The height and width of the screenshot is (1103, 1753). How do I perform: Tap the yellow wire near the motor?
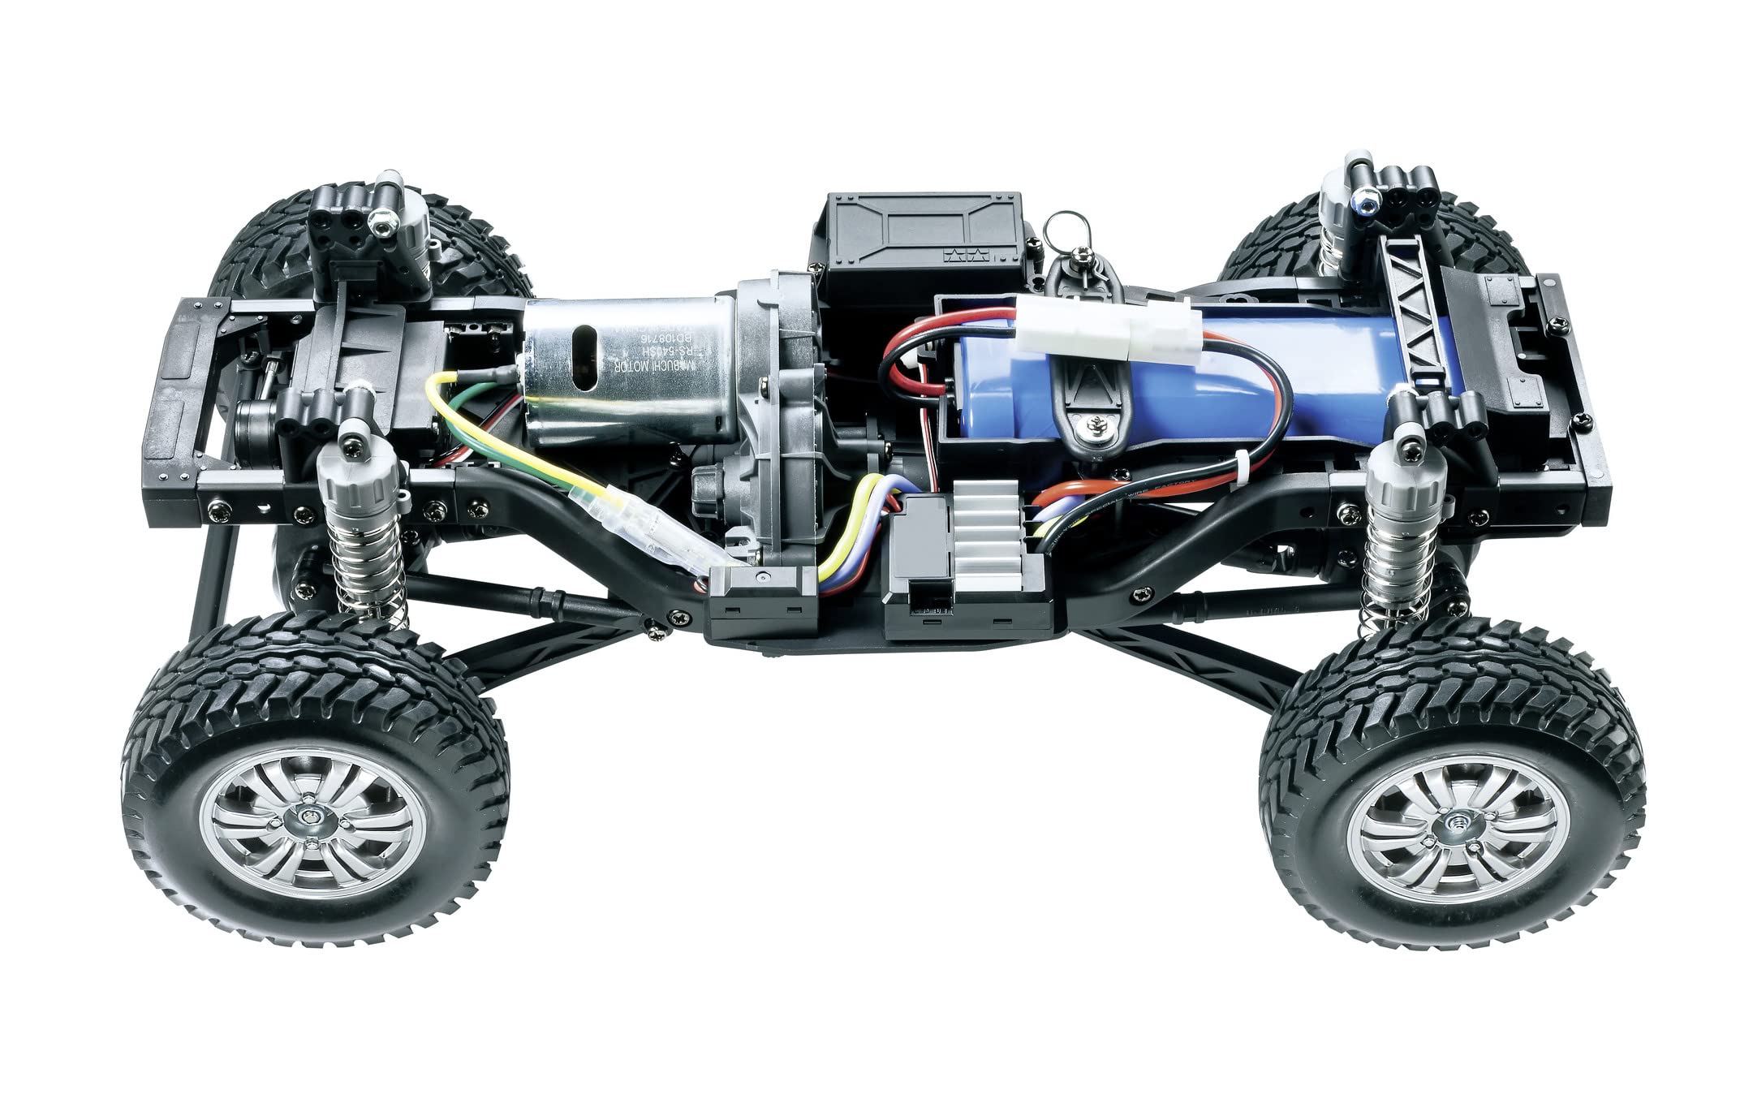coord(454,422)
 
